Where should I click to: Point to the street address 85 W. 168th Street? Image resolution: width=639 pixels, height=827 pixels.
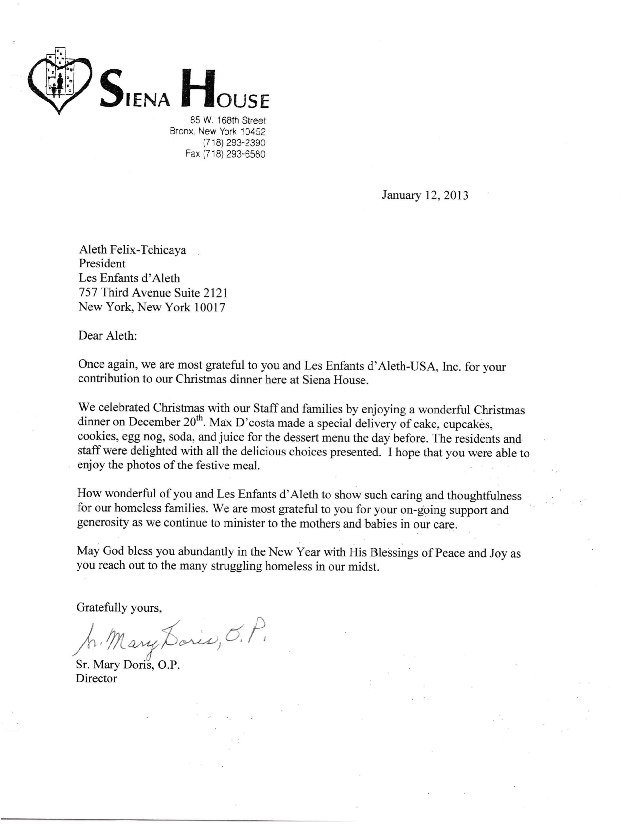coord(228,120)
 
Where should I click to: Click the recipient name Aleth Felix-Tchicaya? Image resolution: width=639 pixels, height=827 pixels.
coord(132,250)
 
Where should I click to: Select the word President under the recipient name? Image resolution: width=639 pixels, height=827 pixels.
coord(102,264)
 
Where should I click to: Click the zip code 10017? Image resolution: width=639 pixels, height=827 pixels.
coord(209,307)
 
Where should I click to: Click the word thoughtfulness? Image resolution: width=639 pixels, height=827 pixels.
coord(484,496)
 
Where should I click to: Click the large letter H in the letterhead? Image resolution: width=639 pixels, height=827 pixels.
coord(198,88)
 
